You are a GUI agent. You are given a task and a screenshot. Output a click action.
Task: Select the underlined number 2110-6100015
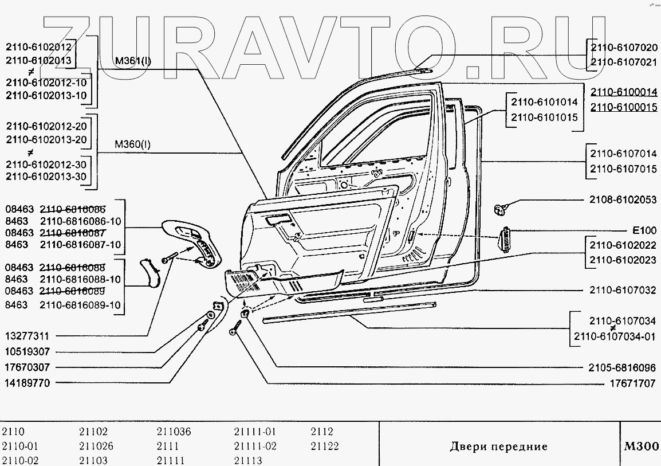[623, 107]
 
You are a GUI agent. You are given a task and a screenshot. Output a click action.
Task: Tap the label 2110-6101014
[544, 102]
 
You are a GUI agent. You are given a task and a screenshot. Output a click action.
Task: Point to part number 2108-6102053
[623, 200]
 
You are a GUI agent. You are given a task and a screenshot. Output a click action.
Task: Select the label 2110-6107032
[623, 290]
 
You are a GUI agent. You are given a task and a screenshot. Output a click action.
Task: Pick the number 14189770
[28, 382]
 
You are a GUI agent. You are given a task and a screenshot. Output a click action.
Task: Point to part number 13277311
[28, 336]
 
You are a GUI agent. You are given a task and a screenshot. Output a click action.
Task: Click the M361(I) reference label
[133, 60]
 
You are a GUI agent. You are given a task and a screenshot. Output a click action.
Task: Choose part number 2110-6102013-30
[46, 177]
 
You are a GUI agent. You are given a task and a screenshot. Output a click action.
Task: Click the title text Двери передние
[498, 446]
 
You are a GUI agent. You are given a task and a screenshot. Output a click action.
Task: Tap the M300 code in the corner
[641, 446]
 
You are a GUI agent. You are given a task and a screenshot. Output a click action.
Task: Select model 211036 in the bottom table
[174, 432]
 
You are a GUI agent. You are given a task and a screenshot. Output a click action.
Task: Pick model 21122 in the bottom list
[325, 446]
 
